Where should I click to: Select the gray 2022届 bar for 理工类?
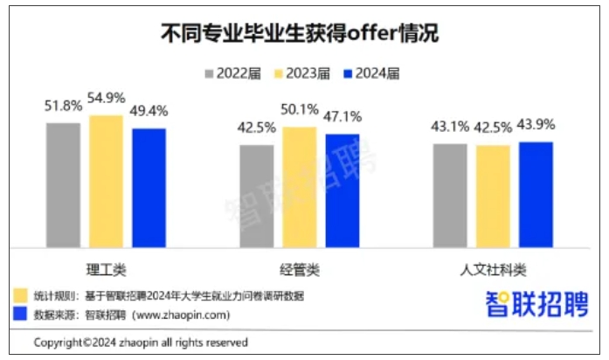pos(63,184)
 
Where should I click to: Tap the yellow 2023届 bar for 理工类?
pos(107,180)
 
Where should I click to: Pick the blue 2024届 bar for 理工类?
pos(149,187)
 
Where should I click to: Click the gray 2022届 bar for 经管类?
pos(257,195)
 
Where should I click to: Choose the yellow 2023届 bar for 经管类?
pos(300,186)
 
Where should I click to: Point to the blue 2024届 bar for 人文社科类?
pos(536,194)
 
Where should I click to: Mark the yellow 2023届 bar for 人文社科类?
pos(493,196)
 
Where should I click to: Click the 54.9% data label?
pos(107,98)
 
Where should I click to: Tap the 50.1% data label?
pos(300,111)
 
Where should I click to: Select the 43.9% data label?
pos(536,125)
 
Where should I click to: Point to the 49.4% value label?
pos(149,112)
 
